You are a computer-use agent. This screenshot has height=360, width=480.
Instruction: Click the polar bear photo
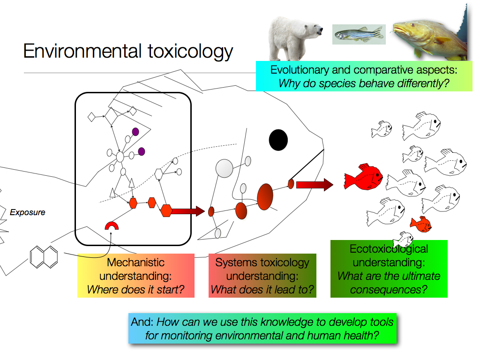click(295, 36)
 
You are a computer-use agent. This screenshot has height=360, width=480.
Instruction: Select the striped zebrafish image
click(359, 34)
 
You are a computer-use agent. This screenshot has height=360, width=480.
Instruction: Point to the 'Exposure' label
click(28, 212)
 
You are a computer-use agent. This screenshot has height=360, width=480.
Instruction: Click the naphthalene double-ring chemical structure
click(44, 256)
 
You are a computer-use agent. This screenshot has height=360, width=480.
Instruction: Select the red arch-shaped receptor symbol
click(112, 226)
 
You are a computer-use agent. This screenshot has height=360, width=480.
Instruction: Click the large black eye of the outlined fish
click(278, 140)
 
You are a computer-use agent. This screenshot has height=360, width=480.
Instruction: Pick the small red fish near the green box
click(420, 224)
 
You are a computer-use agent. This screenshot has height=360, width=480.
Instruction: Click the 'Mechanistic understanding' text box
click(135, 276)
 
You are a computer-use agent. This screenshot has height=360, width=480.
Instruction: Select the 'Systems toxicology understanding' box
click(262, 276)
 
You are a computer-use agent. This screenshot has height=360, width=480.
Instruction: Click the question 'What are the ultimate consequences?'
click(389, 283)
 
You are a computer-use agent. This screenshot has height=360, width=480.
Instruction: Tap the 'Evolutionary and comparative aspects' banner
click(364, 77)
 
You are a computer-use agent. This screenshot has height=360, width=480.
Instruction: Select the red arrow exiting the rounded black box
click(187, 211)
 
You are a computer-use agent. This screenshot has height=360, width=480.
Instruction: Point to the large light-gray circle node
click(224, 168)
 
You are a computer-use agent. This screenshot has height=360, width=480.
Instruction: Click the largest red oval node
click(265, 196)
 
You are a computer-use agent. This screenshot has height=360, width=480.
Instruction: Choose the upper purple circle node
click(135, 132)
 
